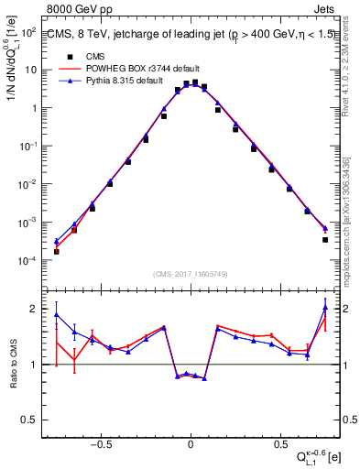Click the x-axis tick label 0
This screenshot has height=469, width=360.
click(190, 442)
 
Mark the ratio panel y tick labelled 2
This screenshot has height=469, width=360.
click(35, 309)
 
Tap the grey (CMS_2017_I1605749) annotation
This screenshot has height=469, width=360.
click(190, 274)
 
